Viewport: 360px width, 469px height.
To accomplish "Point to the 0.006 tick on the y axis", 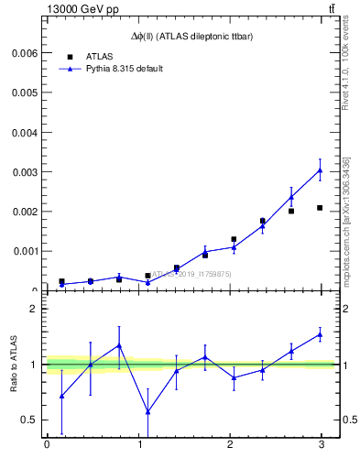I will [x=21, y=53].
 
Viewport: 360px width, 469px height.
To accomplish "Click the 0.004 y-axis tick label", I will [x=21, y=132].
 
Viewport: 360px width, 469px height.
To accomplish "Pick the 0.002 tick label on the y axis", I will [x=21, y=212].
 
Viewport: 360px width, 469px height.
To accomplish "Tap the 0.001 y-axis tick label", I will [x=21, y=251].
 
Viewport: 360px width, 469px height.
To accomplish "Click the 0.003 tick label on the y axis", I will [x=21, y=172].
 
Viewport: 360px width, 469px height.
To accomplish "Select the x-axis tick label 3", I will [x=321, y=444].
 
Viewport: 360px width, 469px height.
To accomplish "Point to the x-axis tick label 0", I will [x=47, y=444].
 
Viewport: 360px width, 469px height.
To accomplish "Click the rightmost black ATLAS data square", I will [x=320, y=208].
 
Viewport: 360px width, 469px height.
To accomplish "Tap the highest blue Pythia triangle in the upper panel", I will [x=320, y=169].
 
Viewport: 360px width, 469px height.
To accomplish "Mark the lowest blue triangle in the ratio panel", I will [x=147, y=411].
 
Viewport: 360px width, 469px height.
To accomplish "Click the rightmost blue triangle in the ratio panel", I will [x=320, y=334].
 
